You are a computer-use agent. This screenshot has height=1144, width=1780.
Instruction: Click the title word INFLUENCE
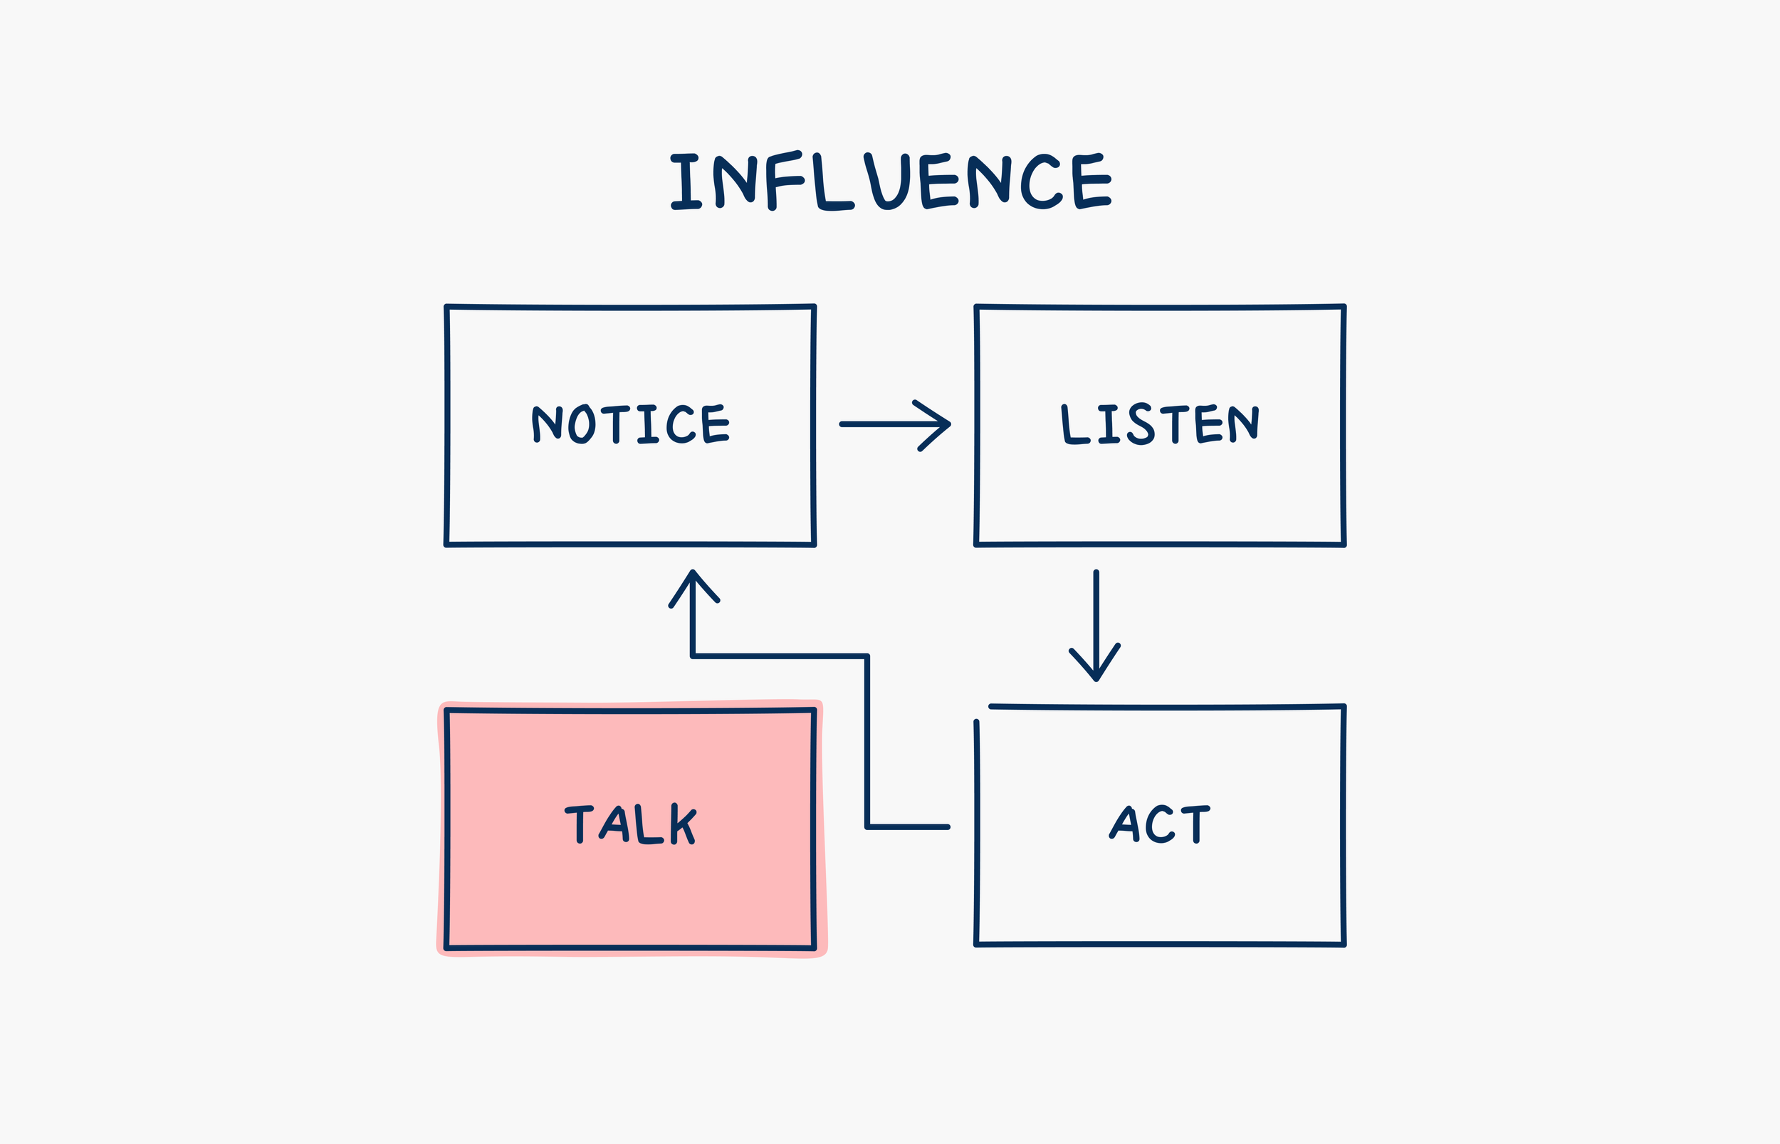[891, 181]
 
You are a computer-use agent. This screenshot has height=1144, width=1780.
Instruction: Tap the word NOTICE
[631, 424]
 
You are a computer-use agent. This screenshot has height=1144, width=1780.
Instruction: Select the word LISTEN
[1160, 424]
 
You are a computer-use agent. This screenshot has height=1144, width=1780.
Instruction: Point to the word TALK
[631, 824]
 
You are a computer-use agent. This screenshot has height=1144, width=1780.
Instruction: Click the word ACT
[1159, 824]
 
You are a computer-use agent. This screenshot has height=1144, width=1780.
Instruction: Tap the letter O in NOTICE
[582, 424]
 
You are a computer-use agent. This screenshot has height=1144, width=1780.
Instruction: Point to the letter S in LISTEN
[1141, 424]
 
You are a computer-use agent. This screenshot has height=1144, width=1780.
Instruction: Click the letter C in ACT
[1159, 824]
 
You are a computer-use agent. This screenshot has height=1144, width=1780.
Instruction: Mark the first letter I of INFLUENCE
[686, 182]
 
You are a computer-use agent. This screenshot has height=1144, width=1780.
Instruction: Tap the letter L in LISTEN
[1075, 425]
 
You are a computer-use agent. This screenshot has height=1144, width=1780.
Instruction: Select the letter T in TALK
[580, 824]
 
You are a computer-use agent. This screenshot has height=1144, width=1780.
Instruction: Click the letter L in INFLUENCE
[834, 182]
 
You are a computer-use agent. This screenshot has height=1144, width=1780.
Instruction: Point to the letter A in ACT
[1124, 824]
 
